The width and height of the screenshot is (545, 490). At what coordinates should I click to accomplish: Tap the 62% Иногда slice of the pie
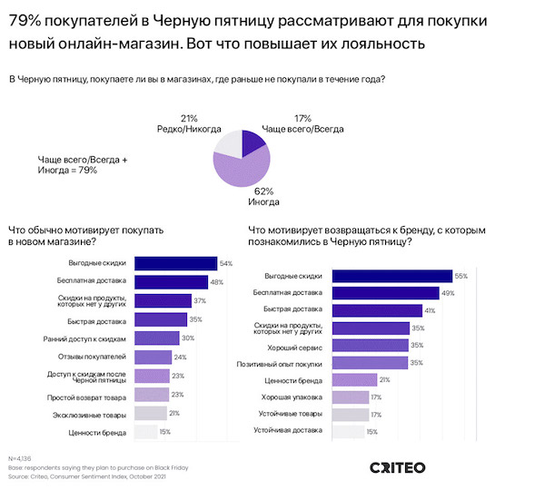pos(243,165)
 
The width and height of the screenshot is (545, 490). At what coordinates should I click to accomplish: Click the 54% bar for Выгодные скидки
pos(175,263)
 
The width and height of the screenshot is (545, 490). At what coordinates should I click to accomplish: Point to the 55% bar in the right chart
pos(392,275)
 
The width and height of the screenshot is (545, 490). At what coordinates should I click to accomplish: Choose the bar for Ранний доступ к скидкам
pos(156,338)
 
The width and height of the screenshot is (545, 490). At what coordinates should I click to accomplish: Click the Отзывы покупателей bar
pos(152,357)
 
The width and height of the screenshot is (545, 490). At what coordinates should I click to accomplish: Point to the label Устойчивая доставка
pos(288,432)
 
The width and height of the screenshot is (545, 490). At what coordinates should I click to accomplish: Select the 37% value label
pos(200,300)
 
